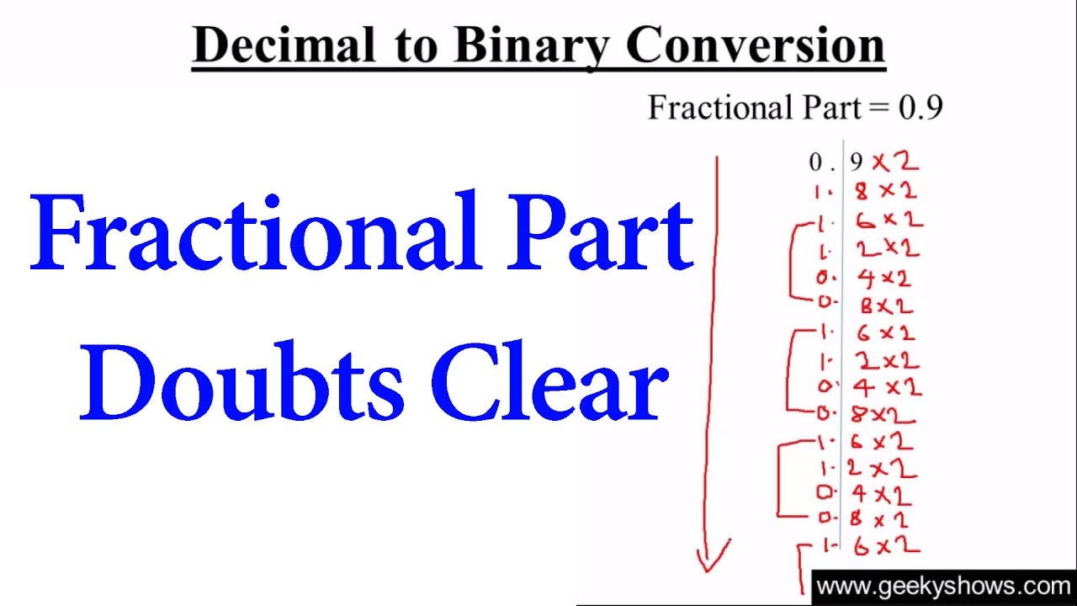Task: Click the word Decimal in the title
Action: point(284,45)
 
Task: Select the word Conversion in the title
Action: point(756,45)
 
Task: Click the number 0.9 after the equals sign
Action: point(920,107)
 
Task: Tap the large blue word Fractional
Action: point(256,231)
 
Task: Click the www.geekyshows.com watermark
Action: point(943,587)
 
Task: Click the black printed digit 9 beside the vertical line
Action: point(857,162)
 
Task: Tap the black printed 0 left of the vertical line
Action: point(815,162)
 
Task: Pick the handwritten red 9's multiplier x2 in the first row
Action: point(896,162)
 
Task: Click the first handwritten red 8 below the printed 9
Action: point(862,192)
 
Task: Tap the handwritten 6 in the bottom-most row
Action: point(862,547)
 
